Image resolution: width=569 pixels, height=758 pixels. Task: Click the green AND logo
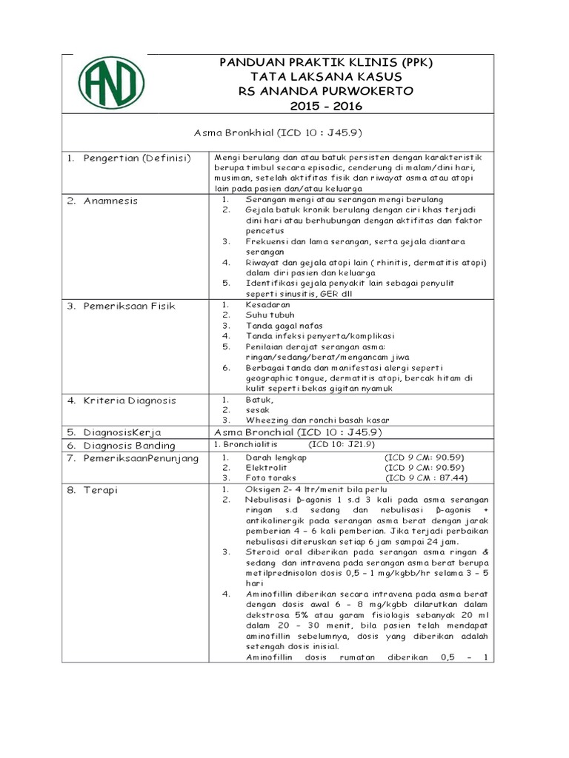point(112,83)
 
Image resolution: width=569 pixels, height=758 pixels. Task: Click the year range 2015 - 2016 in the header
point(326,106)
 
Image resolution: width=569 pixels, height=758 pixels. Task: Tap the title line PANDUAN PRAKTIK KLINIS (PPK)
point(326,63)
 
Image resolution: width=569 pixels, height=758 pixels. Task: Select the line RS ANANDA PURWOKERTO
point(326,91)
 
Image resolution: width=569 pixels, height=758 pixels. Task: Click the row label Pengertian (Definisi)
point(136,158)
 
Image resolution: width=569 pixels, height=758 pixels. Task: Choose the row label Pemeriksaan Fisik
point(128,306)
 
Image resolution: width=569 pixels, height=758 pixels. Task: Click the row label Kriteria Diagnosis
point(129,400)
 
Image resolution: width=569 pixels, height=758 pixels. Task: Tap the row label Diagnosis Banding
point(129,446)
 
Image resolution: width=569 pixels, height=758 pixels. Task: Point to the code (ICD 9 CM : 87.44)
point(425,478)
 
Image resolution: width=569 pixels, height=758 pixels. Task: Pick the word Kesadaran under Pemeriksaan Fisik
point(268,304)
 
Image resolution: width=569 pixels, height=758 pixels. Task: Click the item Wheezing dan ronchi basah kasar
point(318,420)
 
